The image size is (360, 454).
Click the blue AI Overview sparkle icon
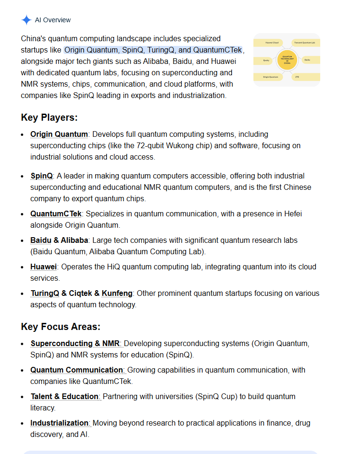pyautogui.click(x=27, y=20)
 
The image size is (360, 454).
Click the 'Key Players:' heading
pyautogui.click(x=49, y=117)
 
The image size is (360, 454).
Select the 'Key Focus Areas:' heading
pyautogui.click(x=61, y=327)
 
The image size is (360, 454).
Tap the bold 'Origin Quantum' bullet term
pyautogui.click(x=59, y=134)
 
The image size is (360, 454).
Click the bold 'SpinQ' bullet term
pyautogui.click(x=42, y=176)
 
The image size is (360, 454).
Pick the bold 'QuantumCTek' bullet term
pyautogui.click(x=56, y=214)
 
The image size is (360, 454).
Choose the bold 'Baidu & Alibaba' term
pyautogui.click(x=59, y=240)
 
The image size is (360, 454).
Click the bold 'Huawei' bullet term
pyautogui.click(x=44, y=267)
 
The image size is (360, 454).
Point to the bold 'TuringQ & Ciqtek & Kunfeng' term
pyautogui.click(x=81, y=294)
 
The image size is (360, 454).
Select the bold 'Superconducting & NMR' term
pyautogui.click(x=75, y=344)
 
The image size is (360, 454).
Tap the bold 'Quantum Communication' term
pyautogui.click(x=77, y=370)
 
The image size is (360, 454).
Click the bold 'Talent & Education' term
pyautogui.click(x=64, y=397)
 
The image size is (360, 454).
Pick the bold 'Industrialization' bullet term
pyautogui.click(x=60, y=423)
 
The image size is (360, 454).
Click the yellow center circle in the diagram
pyautogui.click(x=287, y=60)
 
